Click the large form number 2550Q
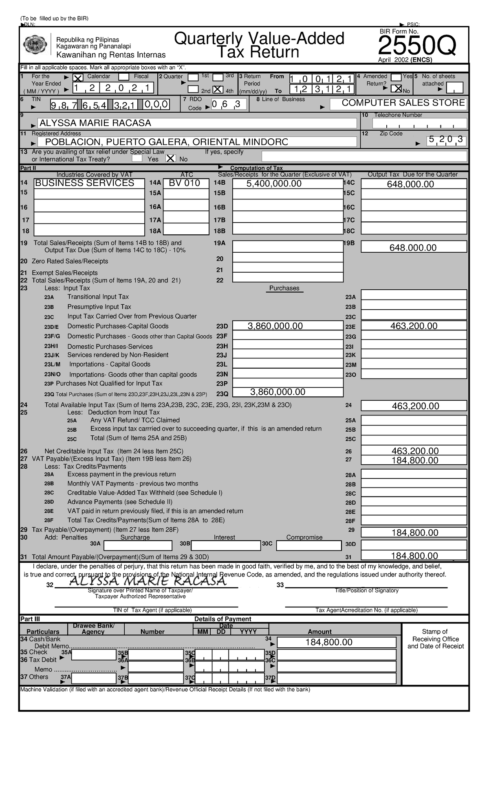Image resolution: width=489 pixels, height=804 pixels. [x=416, y=47]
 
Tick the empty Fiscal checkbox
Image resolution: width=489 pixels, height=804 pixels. [x=124, y=77]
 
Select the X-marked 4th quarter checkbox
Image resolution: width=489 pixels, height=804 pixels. [x=218, y=90]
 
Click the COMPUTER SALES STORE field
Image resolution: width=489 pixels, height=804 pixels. [x=398, y=104]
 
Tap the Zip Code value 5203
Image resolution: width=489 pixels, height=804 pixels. [x=445, y=140]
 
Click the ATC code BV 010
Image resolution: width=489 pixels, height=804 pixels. [x=185, y=184]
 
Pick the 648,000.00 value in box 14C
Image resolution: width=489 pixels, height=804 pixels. [x=413, y=184]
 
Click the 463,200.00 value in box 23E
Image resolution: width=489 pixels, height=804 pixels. [x=413, y=326]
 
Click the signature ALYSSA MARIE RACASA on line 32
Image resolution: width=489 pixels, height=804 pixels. [x=148, y=581]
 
